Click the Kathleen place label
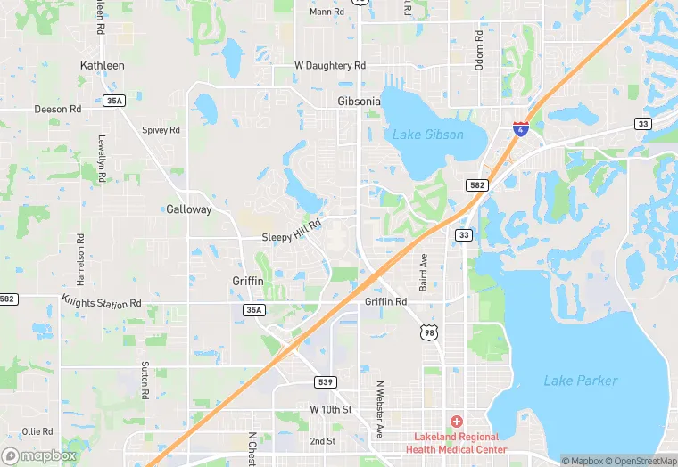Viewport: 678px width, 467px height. [x=103, y=65]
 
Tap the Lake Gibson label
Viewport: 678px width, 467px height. [x=428, y=135]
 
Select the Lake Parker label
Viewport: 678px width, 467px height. [x=580, y=381]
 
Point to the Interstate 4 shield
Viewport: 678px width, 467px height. [x=519, y=129]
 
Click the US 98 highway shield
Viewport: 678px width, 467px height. [x=430, y=332]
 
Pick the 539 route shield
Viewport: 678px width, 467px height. [x=326, y=381]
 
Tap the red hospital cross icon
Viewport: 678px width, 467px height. [x=457, y=421]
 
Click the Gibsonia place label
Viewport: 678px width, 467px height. [x=359, y=102]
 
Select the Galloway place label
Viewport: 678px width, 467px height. [x=189, y=209]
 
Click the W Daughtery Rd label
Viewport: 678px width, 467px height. [x=330, y=66]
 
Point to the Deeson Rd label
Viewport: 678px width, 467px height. [x=58, y=110]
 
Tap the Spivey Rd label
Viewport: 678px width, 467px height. [x=161, y=130]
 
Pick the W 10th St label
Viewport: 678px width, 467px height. [x=331, y=408]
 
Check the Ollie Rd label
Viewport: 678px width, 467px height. [x=38, y=431]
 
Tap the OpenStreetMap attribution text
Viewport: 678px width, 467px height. [x=638, y=461]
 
